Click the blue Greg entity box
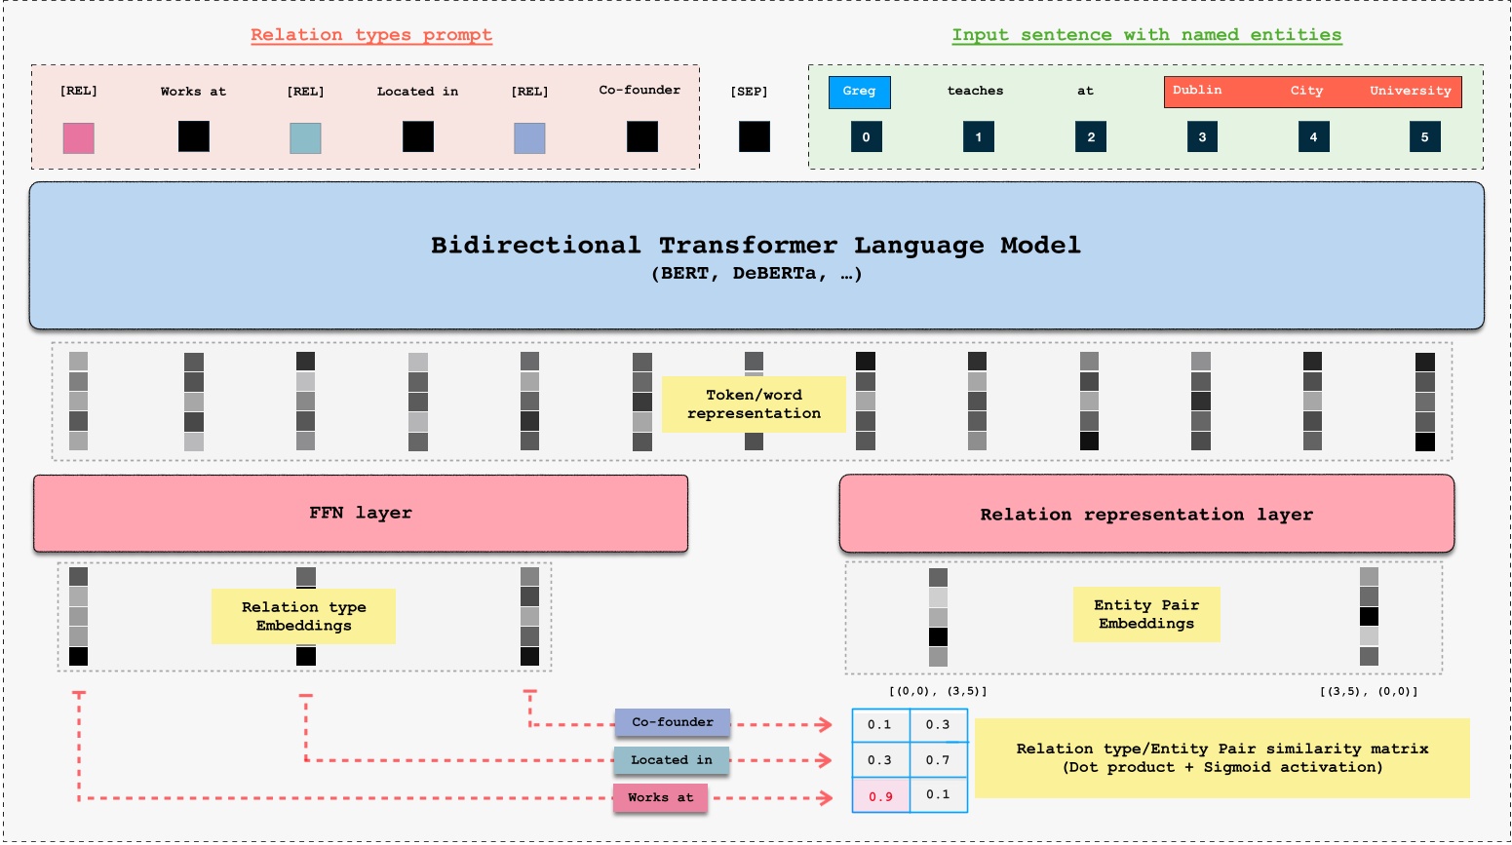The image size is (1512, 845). [859, 92]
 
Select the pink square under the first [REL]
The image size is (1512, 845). [79, 137]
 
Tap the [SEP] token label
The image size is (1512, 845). [749, 92]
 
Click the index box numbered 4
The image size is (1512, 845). [1313, 136]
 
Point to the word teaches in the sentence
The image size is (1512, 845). [975, 91]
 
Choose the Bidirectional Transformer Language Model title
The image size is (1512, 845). [756, 245]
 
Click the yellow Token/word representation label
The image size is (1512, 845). [754, 404]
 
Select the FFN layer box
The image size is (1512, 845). [361, 513]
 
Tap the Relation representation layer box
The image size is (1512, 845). [1146, 514]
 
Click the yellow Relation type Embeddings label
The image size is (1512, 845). [303, 616]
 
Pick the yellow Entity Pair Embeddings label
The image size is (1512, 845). [1146, 614]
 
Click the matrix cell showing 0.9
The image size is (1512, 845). [880, 796]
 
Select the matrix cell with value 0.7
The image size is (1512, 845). [938, 759]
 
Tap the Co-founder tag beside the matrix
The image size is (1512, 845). [673, 722]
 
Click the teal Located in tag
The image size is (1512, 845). [672, 760]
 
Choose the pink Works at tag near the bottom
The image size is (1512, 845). [660, 797]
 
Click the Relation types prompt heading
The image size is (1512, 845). [370, 35]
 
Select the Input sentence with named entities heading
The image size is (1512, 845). [1146, 35]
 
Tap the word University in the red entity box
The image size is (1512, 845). [1410, 91]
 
